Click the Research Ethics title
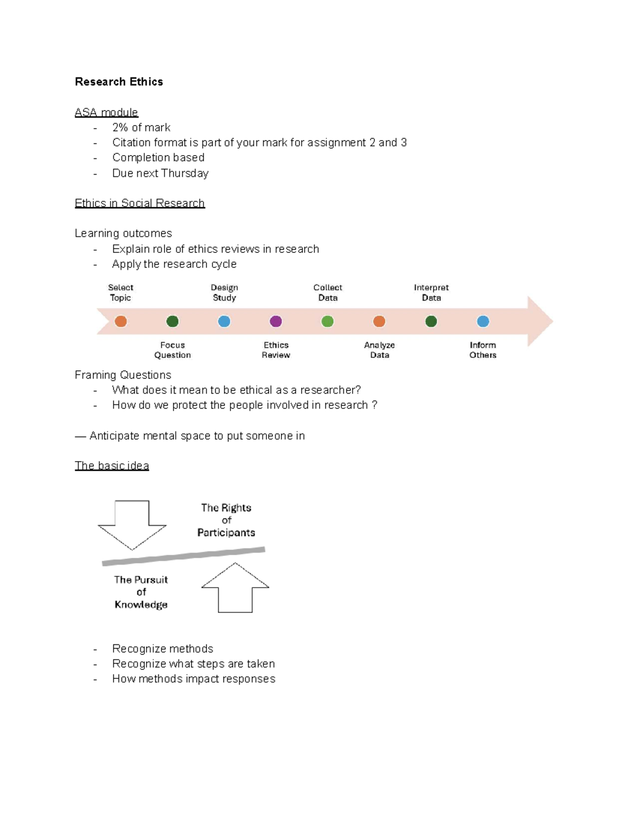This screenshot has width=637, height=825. pyautogui.click(x=119, y=82)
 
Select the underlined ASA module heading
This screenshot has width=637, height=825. pyautogui.click(x=106, y=113)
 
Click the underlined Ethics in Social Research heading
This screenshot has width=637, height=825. pyautogui.click(x=140, y=203)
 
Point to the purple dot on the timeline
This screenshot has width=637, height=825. pyautogui.click(x=276, y=321)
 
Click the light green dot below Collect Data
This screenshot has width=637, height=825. pyautogui.click(x=328, y=321)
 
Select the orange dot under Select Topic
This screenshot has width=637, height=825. pyautogui.click(x=121, y=321)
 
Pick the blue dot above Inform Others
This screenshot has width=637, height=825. pyautogui.click(x=483, y=321)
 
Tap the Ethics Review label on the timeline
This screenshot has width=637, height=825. pyautogui.click(x=276, y=350)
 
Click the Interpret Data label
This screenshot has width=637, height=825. pyautogui.click(x=431, y=293)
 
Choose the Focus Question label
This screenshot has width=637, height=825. pyautogui.click(x=173, y=350)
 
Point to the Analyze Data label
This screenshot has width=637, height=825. pyautogui.click(x=379, y=350)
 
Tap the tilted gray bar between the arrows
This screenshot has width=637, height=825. pyautogui.click(x=183, y=556)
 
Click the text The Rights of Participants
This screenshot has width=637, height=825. pyautogui.click(x=226, y=520)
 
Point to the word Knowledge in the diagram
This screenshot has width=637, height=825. pyautogui.click(x=141, y=605)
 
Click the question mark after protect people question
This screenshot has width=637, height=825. pyautogui.click(x=375, y=405)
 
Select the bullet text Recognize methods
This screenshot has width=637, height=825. pyautogui.click(x=162, y=649)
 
